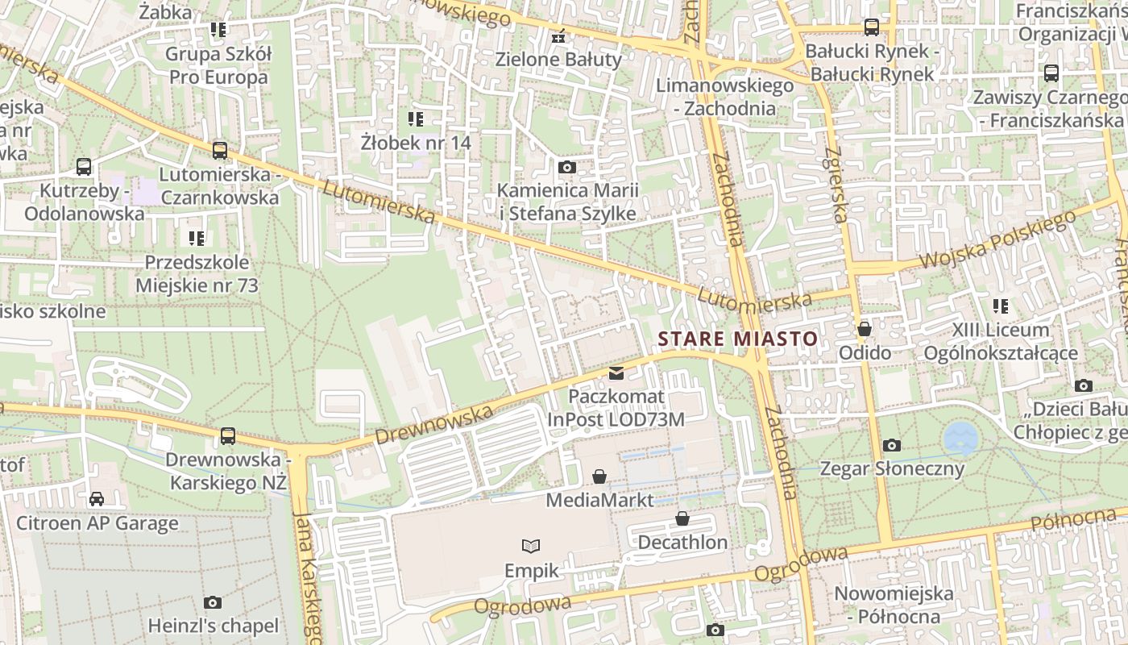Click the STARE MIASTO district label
point(738,339)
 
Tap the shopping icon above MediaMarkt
point(599,476)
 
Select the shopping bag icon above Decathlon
point(682,518)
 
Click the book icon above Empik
point(531,547)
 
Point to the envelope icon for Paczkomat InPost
point(616,372)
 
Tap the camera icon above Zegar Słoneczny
point(891,445)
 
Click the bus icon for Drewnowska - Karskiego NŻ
point(228,436)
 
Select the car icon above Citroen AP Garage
point(97,499)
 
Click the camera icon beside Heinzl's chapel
point(213,602)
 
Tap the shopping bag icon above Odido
point(865,329)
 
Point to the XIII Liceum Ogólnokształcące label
point(1001,341)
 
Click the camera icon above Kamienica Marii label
point(567,168)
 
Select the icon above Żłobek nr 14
point(416,120)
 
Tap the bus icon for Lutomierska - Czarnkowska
point(220,150)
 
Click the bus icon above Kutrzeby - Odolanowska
point(84,167)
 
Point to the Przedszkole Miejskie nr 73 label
point(197,274)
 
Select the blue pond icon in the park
point(960,438)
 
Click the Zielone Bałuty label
point(558,60)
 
